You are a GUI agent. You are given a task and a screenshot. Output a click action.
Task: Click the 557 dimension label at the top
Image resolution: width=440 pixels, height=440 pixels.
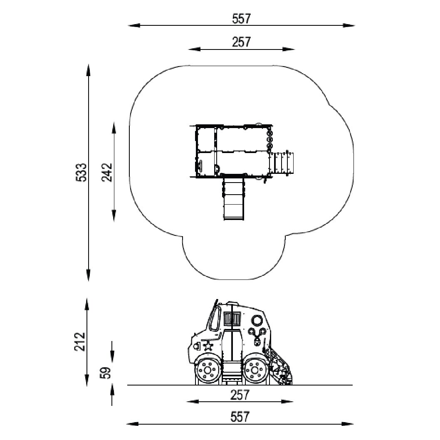coord(241,19)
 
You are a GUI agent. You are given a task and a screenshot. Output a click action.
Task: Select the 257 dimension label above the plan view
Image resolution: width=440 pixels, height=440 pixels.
coord(241,42)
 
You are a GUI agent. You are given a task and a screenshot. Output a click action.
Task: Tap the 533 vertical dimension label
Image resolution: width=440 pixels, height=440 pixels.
coord(82,172)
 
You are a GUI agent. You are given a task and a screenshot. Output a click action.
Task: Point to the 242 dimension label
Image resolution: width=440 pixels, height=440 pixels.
coord(107,172)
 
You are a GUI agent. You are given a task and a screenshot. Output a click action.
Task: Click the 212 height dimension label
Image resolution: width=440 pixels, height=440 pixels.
coord(80,341)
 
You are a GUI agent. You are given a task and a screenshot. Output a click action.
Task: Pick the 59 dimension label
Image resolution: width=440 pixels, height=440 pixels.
coord(106,373)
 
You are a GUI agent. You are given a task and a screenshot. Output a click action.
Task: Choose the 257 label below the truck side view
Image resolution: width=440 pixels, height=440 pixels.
coord(240,395)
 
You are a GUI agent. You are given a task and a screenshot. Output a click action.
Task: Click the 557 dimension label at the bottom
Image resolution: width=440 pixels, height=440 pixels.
coord(240,417)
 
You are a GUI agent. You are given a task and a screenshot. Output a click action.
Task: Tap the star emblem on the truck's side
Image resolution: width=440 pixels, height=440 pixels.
coord(208,346)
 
